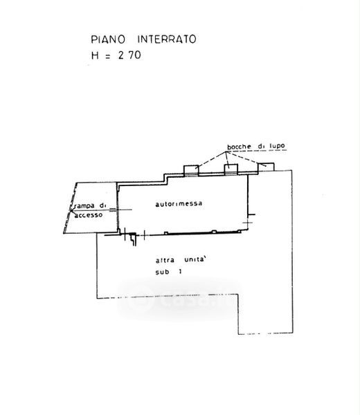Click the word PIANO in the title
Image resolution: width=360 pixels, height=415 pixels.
pos(108,39)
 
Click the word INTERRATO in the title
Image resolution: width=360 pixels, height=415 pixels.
pos(167,39)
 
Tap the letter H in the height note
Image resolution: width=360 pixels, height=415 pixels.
pos(95,55)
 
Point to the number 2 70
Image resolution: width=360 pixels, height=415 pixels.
pos(129,55)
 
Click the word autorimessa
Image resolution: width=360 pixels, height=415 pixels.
pos(179,204)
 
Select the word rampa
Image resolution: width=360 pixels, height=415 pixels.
pos(84,206)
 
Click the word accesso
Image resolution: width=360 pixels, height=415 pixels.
pos(89,215)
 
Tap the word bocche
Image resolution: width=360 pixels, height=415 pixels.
pos(240,147)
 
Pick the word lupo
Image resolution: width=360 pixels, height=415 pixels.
pos(278,146)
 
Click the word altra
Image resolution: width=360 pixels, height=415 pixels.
pos(165,261)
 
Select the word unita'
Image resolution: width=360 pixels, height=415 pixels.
pos(195,259)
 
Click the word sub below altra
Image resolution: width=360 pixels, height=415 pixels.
pos(162,272)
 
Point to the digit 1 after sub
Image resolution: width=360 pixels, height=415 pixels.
pos(181,272)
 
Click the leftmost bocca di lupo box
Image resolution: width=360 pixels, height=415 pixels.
pos(191,170)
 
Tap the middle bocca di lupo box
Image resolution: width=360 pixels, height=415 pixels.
pos(231,169)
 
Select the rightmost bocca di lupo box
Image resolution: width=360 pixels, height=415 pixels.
pos(267,167)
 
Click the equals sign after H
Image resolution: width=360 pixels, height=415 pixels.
pos(107,57)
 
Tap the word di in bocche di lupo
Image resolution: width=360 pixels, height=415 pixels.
pos(260,147)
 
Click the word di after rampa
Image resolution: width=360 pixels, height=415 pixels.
pos(102,205)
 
